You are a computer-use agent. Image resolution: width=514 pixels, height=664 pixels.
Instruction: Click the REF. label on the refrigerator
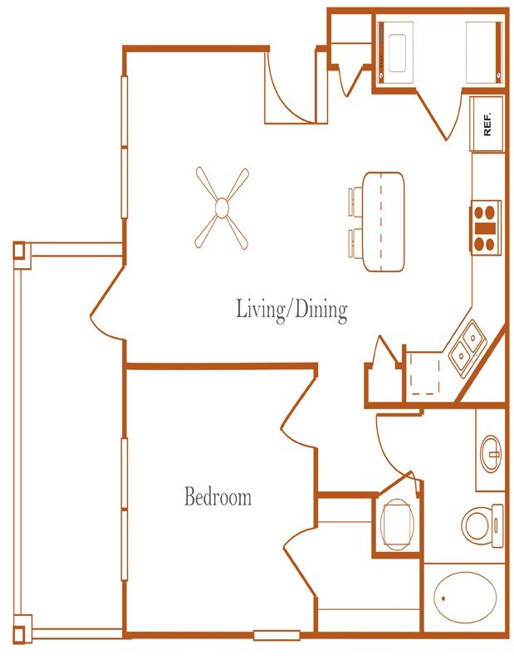click(x=487, y=124)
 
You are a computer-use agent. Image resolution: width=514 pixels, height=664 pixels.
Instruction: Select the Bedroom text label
click(x=218, y=496)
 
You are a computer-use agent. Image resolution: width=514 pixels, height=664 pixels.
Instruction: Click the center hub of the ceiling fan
click(x=222, y=208)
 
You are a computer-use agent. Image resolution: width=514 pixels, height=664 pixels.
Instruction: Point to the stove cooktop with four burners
click(x=485, y=227)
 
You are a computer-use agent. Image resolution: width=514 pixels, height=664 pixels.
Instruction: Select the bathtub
click(x=465, y=598)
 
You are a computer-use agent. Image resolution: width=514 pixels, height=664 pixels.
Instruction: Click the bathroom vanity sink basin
click(x=491, y=453)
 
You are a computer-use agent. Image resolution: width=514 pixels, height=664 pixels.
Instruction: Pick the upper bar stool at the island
click(x=355, y=202)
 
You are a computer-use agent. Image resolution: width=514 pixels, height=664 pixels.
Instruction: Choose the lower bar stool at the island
click(x=355, y=242)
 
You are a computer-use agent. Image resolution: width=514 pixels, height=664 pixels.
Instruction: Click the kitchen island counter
click(x=384, y=222)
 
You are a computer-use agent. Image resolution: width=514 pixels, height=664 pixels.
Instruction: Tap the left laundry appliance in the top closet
click(x=396, y=52)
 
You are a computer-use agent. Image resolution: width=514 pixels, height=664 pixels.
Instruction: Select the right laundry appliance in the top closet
click(x=484, y=52)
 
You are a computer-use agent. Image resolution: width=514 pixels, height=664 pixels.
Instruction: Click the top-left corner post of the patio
click(x=22, y=255)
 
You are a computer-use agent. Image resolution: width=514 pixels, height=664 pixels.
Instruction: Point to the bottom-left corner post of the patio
click(x=22, y=628)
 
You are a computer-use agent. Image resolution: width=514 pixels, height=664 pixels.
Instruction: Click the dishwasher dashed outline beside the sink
click(x=425, y=373)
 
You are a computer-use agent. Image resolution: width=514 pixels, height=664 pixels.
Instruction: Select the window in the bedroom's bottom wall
click(x=277, y=635)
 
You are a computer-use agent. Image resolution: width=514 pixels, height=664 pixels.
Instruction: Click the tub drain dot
click(x=443, y=598)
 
